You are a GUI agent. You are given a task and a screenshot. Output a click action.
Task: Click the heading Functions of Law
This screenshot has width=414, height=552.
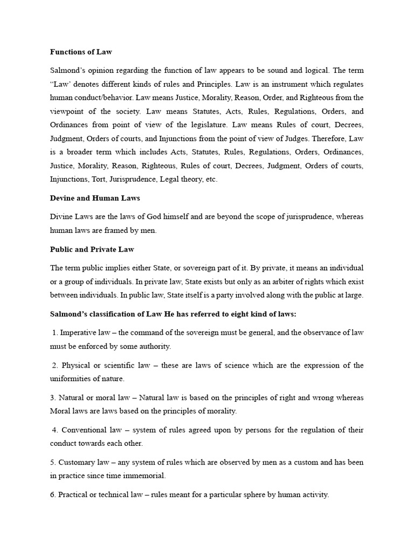pos(81,52)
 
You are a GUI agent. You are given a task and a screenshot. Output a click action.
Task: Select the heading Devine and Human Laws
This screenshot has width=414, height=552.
pos(95,198)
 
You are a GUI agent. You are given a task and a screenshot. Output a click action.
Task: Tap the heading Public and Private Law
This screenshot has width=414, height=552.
pos(92,249)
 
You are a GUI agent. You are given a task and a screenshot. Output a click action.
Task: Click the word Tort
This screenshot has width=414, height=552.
pos(103,179)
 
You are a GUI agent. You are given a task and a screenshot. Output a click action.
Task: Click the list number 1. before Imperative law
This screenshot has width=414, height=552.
pos(56,333)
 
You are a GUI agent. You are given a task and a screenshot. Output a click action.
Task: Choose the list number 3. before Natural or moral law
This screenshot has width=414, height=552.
pos(53,398)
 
